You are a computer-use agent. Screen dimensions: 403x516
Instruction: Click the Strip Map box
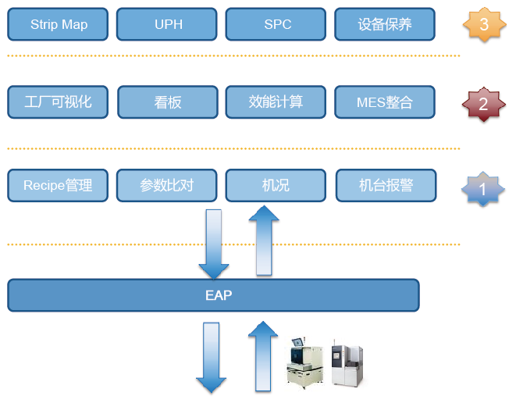click(59, 24)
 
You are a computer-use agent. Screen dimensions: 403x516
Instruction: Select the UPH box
click(168, 24)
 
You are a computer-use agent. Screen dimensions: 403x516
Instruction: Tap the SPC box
click(277, 24)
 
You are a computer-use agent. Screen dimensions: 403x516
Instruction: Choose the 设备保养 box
click(385, 24)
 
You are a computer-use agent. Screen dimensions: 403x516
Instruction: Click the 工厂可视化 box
click(59, 102)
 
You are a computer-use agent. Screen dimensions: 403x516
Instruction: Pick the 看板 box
click(168, 102)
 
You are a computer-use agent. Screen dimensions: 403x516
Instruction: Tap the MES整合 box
click(385, 102)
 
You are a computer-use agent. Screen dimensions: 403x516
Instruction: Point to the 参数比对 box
click(167, 185)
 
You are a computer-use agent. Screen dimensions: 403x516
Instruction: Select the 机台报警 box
click(386, 185)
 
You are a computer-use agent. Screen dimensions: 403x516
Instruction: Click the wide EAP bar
click(213, 295)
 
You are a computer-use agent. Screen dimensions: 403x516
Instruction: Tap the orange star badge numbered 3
click(483, 24)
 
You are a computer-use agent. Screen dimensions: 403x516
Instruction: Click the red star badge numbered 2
click(483, 104)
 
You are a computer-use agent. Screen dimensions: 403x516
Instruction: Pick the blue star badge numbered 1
click(483, 188)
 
